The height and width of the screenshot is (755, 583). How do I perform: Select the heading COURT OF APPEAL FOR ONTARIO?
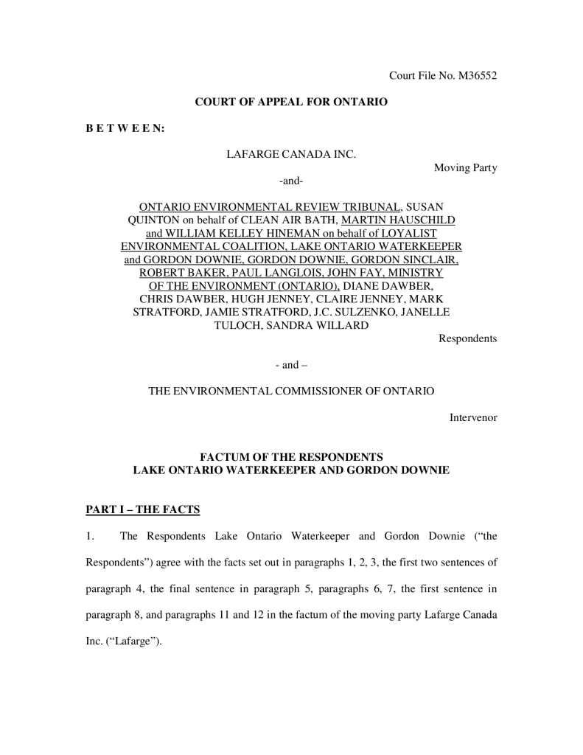290,102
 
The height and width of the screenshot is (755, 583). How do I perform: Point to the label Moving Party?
465,167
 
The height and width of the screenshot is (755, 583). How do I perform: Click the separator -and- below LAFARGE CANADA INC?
291,181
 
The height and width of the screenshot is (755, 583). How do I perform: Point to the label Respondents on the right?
467,338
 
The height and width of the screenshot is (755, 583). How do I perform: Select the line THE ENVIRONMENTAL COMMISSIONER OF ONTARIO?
291,391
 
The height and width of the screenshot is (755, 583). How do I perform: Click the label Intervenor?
473,417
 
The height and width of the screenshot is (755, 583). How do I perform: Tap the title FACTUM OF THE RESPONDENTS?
291,456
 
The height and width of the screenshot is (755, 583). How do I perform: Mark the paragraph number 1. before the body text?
90,536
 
